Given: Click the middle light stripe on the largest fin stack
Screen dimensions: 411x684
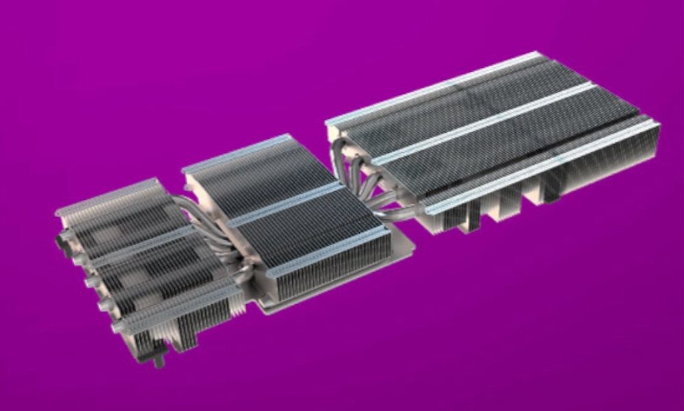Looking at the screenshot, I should pyautogui.click(x=479, y=123).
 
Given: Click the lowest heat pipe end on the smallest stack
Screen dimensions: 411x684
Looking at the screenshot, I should pyautogui.click(x=116, y=327).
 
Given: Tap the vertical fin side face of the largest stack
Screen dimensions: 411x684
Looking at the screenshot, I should pyautogui.click(x=602, y=164).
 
